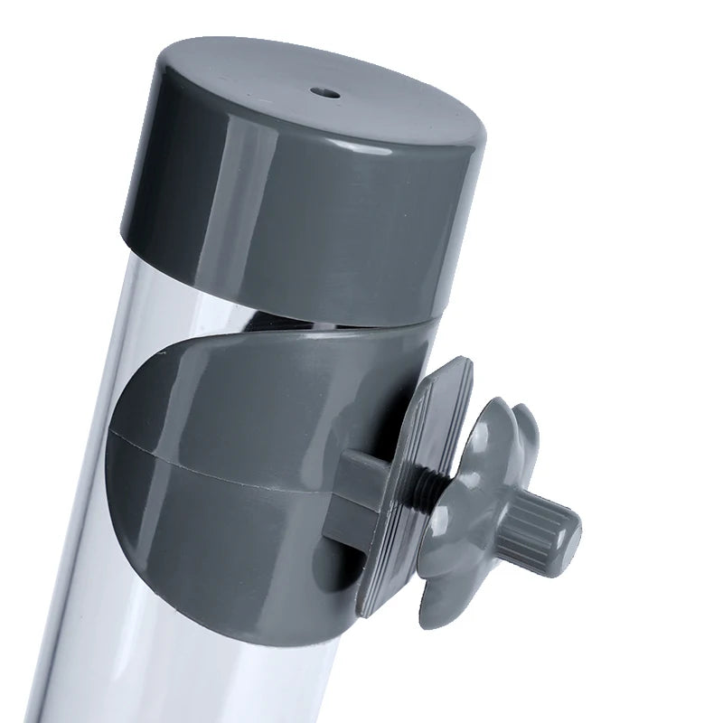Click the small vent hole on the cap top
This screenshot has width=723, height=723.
pos(325,92)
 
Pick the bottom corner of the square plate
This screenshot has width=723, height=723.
pos(366,610)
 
